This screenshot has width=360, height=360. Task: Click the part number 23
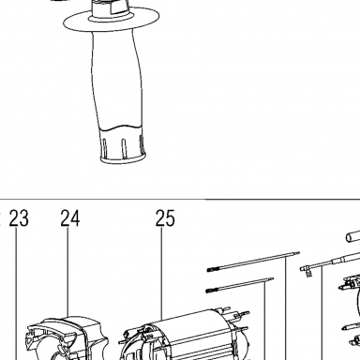[19, 218]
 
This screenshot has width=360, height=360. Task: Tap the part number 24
[70, 218]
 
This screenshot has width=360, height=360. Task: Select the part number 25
[165, 218]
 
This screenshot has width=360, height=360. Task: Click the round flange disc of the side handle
[112, 22]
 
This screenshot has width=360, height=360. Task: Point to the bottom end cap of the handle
[123, 147]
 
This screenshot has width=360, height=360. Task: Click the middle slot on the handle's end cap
[124, 147]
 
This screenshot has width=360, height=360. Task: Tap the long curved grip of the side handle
[116, 82]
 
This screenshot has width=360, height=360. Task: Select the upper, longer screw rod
[253, 262]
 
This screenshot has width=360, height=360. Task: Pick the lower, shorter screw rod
[240, 285]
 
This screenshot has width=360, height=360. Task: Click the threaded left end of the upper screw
[212, 269]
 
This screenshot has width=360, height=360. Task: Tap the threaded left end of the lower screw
[211, 291]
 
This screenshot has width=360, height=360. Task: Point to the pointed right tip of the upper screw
[299, 252]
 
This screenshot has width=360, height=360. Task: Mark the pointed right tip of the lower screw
[273, 278]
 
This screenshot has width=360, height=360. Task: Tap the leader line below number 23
[16, 293]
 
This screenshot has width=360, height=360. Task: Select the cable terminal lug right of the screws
[307, 271]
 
